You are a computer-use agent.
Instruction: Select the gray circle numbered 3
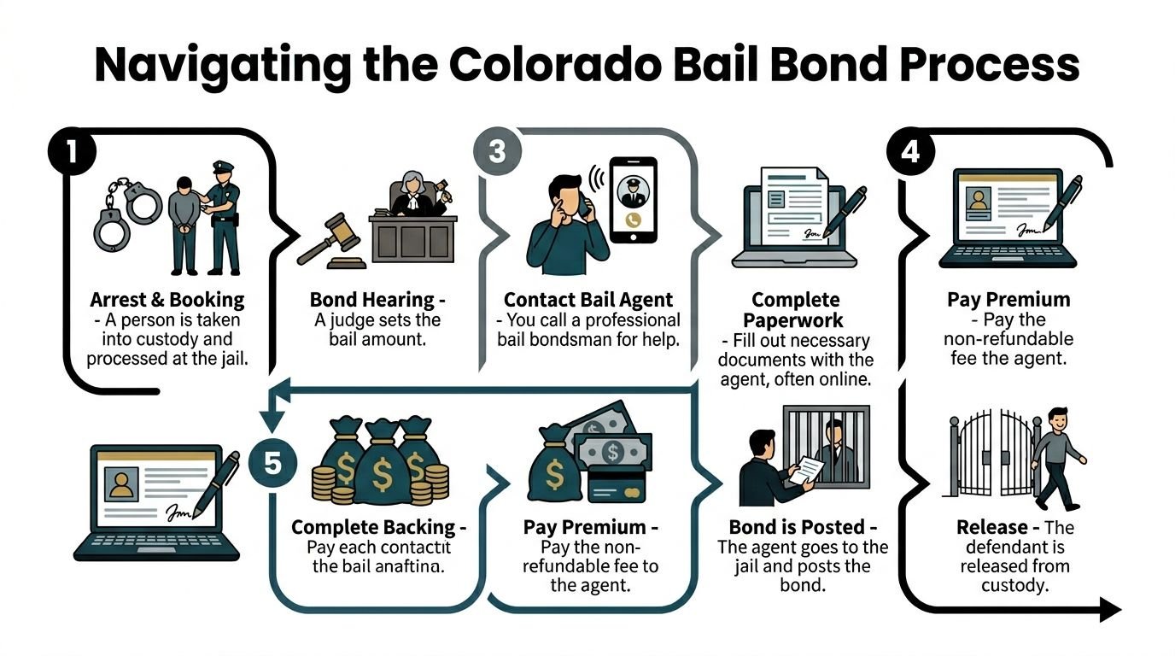[498, 152]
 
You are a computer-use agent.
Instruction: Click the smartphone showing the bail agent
[633, 199]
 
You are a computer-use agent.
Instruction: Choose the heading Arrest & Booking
[167, 300]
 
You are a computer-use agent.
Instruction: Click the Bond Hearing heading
[377, 300]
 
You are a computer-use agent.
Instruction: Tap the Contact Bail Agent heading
[588, 300]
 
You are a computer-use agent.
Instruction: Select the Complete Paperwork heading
[797, 310]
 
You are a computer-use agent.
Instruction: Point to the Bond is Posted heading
[802, 527]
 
